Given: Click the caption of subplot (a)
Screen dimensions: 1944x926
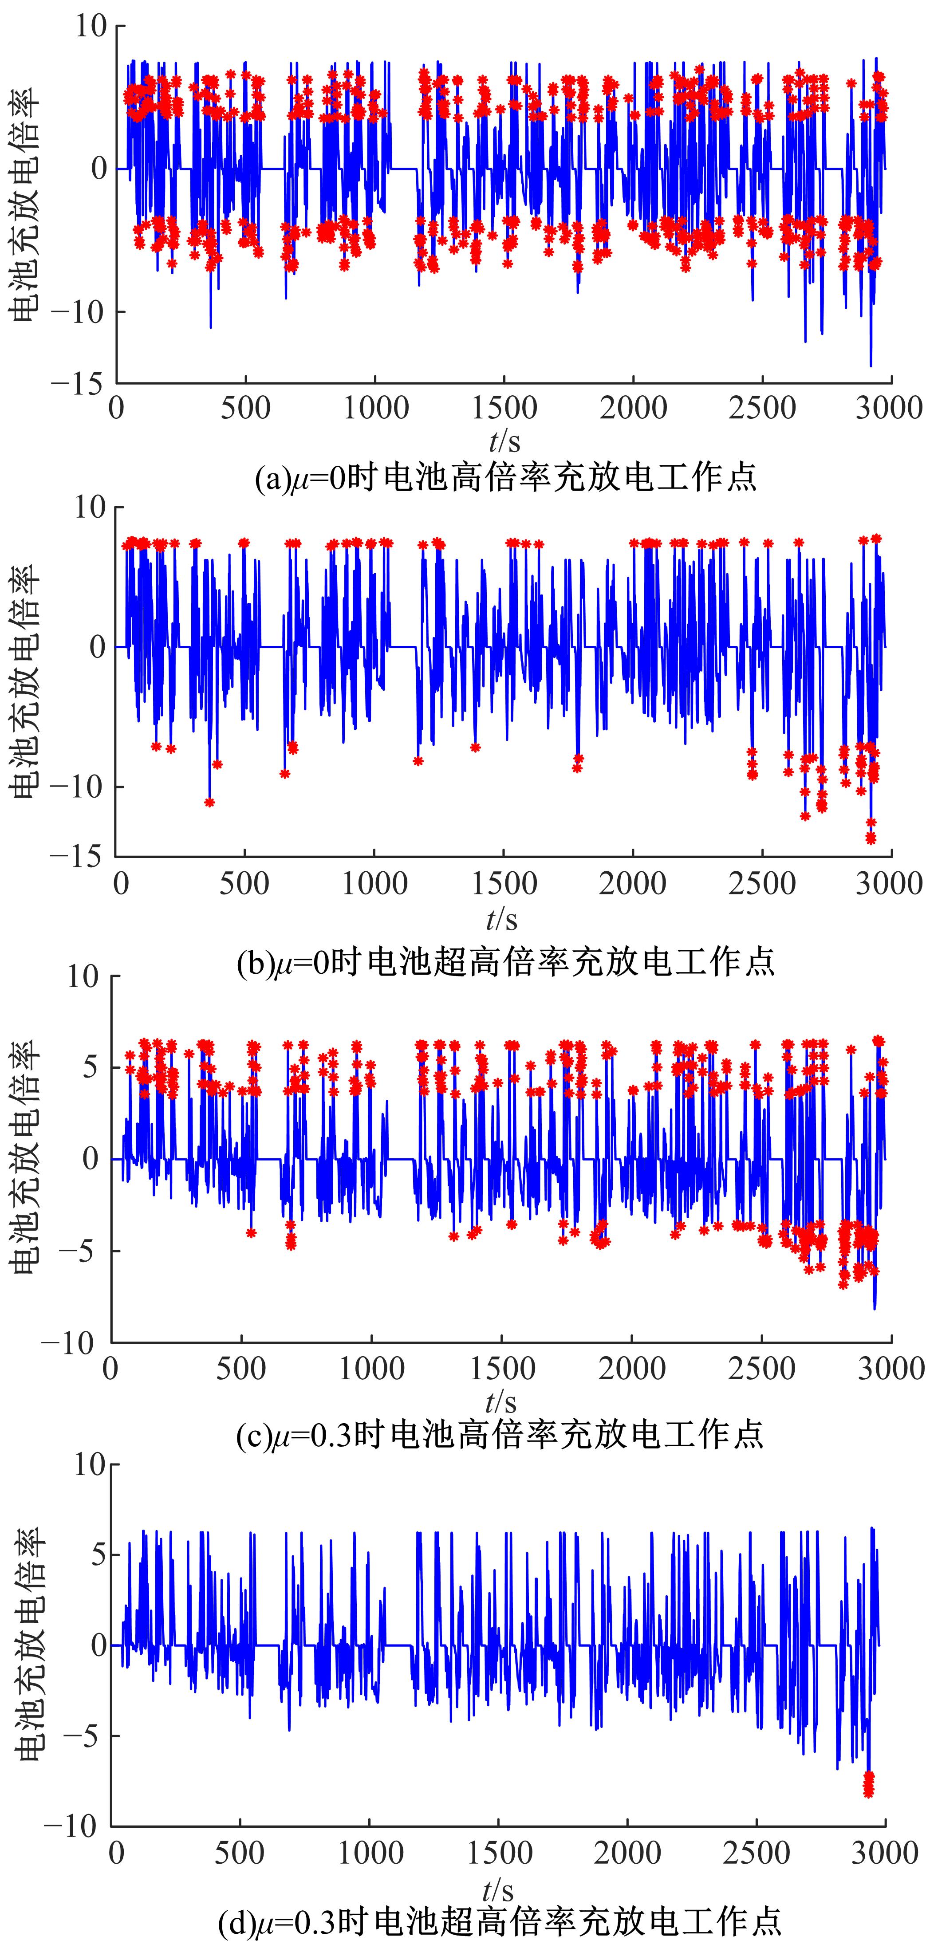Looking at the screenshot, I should click(x=506, y=477).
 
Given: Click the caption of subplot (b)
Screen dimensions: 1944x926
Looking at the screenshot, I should click(x=506, y=962).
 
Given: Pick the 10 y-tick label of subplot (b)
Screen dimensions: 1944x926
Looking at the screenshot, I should click(x=90, y=507).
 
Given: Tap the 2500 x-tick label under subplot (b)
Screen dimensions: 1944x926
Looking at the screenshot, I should click(x=761, y=884).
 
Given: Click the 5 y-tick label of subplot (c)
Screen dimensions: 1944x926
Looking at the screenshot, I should click(x=91, y=1067).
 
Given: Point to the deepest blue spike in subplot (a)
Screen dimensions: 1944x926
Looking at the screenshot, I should click(x=871, y=365).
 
